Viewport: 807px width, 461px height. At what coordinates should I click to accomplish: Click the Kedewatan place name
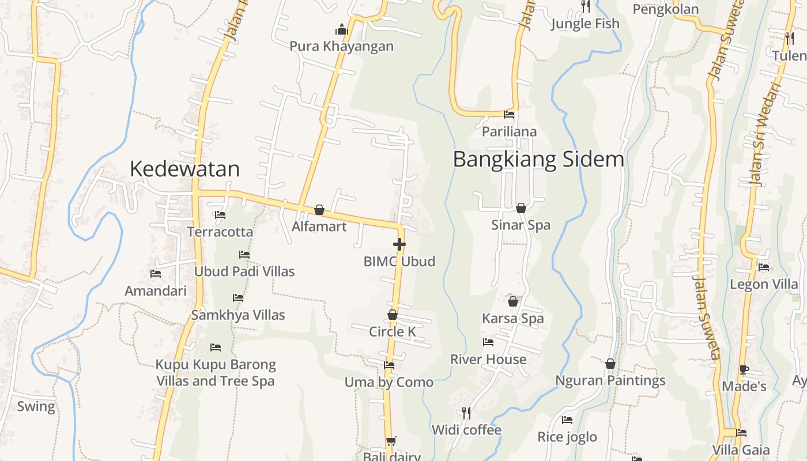coord(184,169)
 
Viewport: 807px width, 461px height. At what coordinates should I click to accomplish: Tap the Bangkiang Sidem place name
coord(538,159)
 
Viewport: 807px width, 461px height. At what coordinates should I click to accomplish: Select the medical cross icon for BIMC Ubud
coord(399,244)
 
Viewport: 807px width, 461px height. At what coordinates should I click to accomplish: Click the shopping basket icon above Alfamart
coord(319,210)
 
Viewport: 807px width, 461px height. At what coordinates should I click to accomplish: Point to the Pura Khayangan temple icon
coord(342,29)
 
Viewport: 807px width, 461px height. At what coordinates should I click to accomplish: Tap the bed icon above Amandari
coord(156,274)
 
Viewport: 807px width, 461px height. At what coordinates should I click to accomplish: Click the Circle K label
coord(393,331)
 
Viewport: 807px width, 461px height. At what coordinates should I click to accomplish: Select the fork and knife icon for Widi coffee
coord(466,413)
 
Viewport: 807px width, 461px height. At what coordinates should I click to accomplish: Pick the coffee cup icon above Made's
coord(744,369)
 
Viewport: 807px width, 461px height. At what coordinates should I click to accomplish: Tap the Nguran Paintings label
coord(610,380)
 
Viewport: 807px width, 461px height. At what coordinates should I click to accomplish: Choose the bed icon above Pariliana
coord(509,115)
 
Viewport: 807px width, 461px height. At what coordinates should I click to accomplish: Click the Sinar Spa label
coord(521,225)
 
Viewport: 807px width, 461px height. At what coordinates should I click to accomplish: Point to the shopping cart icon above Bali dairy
coord(391,441)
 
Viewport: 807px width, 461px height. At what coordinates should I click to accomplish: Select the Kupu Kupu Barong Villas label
coord(216,373)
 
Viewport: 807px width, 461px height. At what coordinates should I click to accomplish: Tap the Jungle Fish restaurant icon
coord(585,6)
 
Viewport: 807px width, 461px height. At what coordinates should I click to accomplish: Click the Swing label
coord(36,406)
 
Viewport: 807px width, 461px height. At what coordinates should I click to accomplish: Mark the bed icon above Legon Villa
coord(764,267)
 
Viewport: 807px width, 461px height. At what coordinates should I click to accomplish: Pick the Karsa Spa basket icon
coord(513,301)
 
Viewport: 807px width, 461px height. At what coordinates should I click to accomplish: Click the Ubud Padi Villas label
coord(244,271)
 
